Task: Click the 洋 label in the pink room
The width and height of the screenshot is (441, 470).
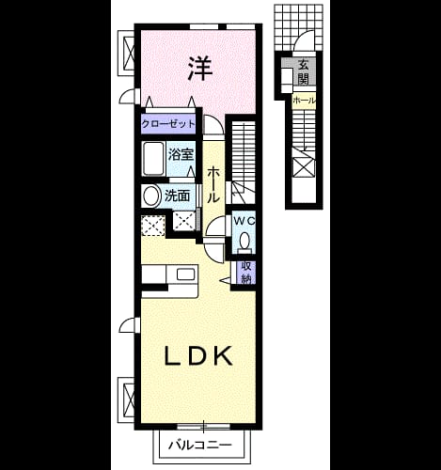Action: pyautogui.click(x=200, y=69)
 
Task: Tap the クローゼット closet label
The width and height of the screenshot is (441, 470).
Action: pyautogui.click(x=168, y=124)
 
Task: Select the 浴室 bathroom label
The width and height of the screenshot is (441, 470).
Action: pyautogui.click(x=181, y=154)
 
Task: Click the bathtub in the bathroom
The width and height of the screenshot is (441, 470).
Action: pyautogui.click(x=153, y=159)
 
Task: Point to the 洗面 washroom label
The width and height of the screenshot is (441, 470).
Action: pyautogui.click(x=178, y=196)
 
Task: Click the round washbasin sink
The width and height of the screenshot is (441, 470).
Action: pyautogui.click(x=151, y=196)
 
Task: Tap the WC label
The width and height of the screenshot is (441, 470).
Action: pyautogui.click(x=244, y=221)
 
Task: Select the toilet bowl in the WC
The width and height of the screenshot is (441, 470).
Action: pyautogui.click(x=244, y=241)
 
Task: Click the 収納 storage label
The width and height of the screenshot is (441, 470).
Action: pyautogui.click(x=246, y=273)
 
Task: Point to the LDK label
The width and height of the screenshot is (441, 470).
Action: pyautogui.click(x=199, y=355)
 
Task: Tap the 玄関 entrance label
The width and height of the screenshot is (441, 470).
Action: pyautogui.click(x=303, y=72)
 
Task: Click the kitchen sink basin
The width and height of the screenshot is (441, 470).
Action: pyautogui.click(x=185, y=274)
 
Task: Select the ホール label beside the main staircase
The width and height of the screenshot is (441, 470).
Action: pyautogui.click(x=213, y=185)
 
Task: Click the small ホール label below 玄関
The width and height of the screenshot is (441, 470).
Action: pyautogui.click(x=304, y=101)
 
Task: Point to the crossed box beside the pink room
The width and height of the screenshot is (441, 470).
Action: pyautogui.click(x=129, y=53)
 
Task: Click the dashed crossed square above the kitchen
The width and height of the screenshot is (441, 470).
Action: pyautogui.click(x=153, y=225)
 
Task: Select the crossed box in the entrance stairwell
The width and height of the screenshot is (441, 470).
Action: pyautogui.click(x=304, y=167)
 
